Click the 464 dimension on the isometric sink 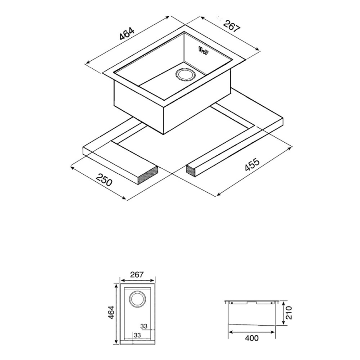[x=126, y=34]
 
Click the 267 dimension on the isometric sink [x=231, y=26]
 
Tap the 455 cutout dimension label [x=252, y=164]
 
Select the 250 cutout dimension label [x=104, y=180]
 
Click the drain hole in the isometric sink [x=185, y=74]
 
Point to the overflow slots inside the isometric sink [x=204, y=50]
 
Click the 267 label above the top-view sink [x=137, y=274]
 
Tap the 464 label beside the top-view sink [x=111, y=312]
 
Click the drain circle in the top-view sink [x=137, y=299]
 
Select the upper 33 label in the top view [x=144, y=326]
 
